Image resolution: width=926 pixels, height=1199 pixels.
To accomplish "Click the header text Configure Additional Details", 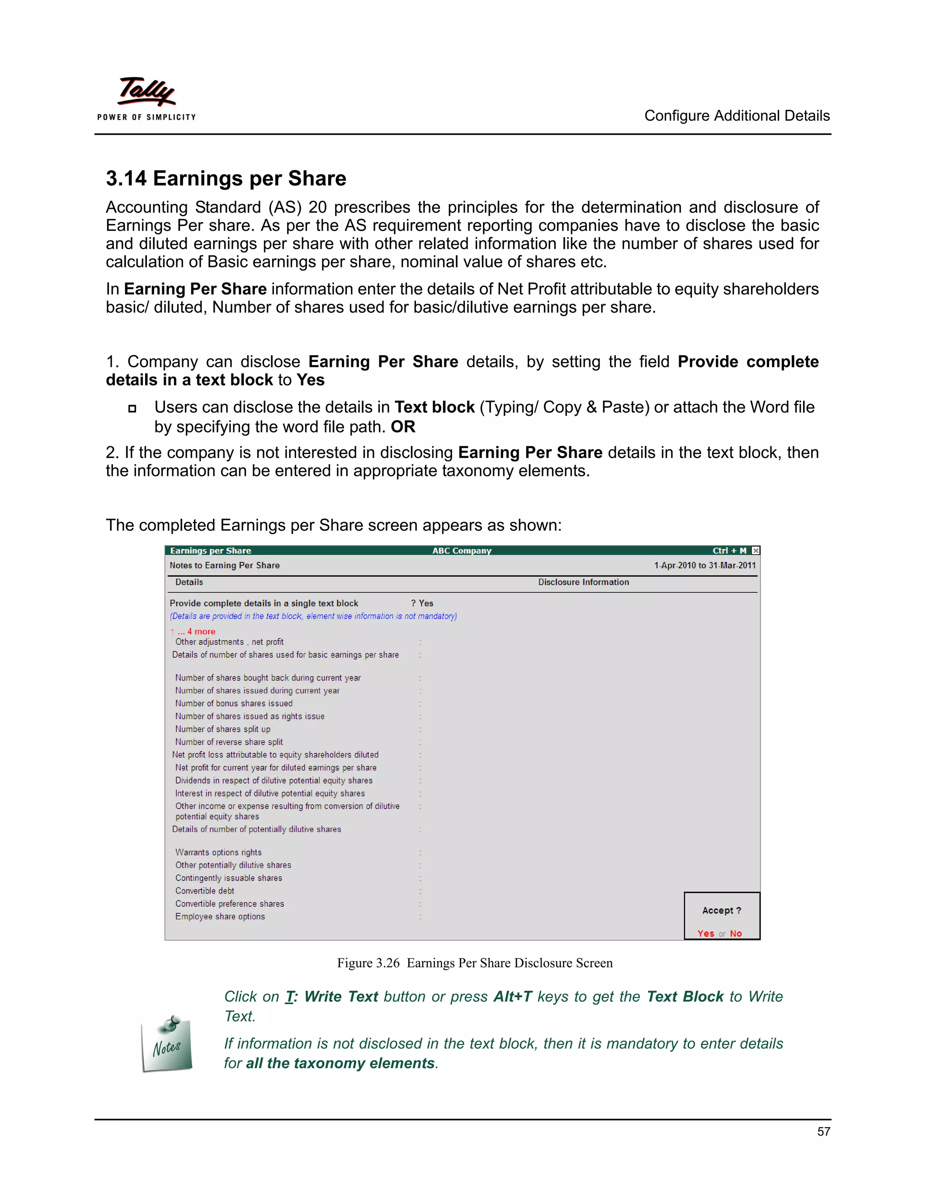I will [x=736, y=116].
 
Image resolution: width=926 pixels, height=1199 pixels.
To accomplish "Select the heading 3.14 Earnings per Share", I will [x=226, y=178].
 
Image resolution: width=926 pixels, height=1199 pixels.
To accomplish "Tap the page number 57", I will [x=823, y=1132].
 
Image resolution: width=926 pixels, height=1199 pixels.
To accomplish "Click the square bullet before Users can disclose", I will [x=132, y=409].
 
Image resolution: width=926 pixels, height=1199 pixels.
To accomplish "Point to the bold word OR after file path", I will [x=403, y=427].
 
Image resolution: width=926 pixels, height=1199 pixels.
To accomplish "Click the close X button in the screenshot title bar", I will [x=756, y=551].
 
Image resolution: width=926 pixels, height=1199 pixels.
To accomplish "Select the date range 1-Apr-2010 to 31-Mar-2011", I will [x=704, y=566].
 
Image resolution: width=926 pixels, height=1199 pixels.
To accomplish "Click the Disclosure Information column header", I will [x=583, y=582].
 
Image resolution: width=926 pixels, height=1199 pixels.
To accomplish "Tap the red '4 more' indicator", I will [x=201, y=631].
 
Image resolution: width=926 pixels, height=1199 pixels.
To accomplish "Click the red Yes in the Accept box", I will [x=705, y=933].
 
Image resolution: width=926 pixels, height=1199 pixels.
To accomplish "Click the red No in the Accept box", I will [x=736, y=933].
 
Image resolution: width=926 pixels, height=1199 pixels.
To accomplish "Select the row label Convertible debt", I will [x=205, y=890].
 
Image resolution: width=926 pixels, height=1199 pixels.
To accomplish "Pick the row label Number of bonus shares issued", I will [x=234, y=703].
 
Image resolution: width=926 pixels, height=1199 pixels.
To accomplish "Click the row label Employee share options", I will [x=220, y=916].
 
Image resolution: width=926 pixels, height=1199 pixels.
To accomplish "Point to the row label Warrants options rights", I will [x=218, y=852].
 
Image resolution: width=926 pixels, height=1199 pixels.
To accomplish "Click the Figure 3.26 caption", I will [x=474, y=963].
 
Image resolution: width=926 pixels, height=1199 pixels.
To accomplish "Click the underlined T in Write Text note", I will [x=289, y=996].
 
